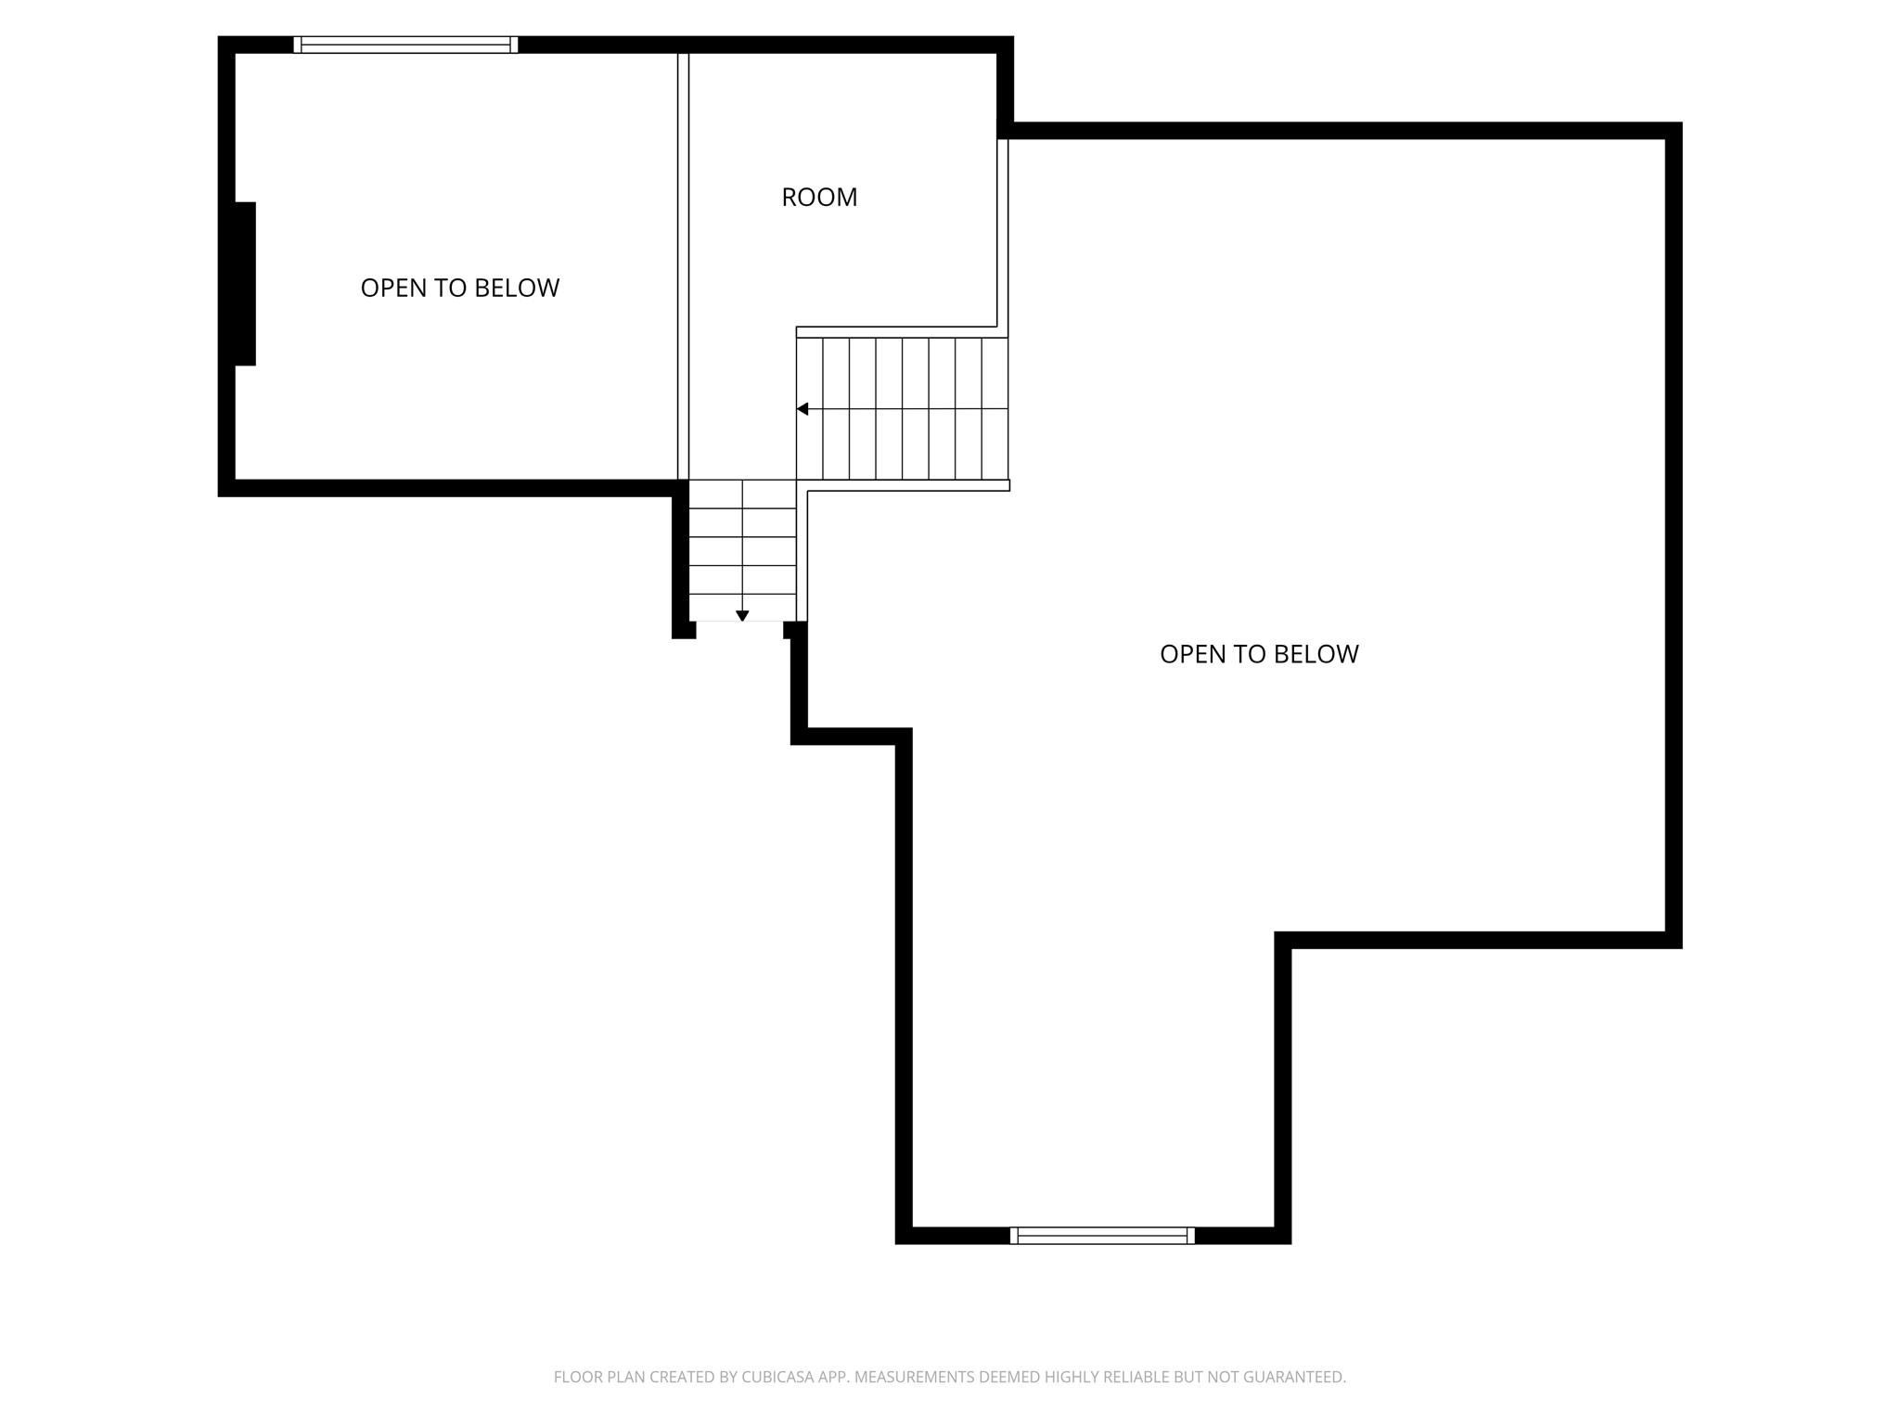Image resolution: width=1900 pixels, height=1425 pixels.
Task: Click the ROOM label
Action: [x=819, y=197]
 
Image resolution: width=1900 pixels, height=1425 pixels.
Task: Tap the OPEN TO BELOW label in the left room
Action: [x=459, y=288]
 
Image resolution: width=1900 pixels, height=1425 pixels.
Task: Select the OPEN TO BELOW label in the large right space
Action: [x=1259, y=654]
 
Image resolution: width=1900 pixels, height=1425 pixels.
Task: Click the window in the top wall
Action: [x=405, y=45]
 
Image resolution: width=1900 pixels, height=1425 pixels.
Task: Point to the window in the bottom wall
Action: [x=1102, y=1235]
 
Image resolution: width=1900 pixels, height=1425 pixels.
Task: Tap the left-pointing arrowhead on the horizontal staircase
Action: [x=802, y=409]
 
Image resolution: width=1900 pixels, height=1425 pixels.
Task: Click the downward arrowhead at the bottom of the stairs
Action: [x=742, y=616]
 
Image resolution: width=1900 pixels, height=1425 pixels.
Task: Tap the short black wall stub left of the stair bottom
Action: [x=683, y=630]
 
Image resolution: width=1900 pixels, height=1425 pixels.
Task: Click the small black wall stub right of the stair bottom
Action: [x=794, y=630]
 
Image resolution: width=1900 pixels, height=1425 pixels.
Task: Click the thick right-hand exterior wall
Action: [x=1673, y=533]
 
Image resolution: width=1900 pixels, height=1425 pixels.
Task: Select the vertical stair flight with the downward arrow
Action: [x=742, y=550]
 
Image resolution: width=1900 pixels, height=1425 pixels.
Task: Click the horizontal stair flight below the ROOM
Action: [x=902, y=408]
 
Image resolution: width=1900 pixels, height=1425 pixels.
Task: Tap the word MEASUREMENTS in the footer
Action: [x=914, y=1378]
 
